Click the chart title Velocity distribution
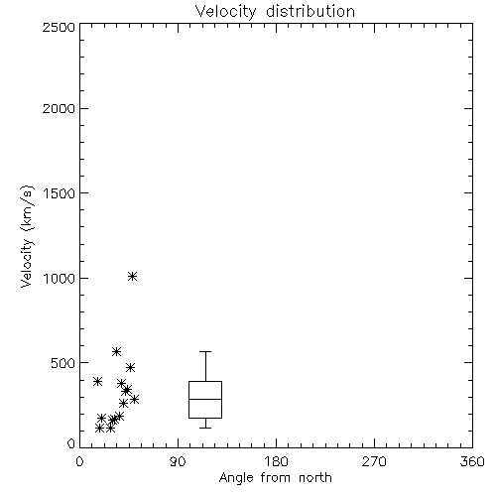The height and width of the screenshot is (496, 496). (x=275, y=12)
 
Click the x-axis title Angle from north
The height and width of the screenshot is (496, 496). (x=275, y=477)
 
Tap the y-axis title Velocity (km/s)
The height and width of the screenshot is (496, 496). (x=27, y=236)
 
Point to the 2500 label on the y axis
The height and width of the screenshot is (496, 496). (x=59, y=27)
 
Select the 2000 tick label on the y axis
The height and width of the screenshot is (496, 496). (x=59, y=109)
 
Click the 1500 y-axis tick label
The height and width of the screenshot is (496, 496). (x=60, y=193)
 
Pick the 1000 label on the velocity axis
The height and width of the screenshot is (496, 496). (x=60, y=278)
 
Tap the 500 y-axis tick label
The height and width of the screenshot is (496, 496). (x=63, y=363)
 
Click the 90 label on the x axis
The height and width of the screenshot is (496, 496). (x=178, y=461)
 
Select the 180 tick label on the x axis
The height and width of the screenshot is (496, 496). (x=276, y=461)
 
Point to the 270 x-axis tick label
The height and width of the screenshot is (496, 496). (x=374, y=461)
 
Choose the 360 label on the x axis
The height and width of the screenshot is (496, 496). (x=472, y=461)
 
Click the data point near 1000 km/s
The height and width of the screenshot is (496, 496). (x=132, y=276)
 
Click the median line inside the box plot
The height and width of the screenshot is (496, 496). (x=205, y=399)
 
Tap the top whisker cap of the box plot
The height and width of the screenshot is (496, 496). (x=205, y=352)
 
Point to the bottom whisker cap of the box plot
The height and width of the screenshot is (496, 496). (x=205, y=428)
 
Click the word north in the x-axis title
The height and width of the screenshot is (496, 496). (x=315, y=477)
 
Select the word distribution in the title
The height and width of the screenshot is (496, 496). (x=310, y=12)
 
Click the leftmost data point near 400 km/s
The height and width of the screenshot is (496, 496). (x=97, y=381)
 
